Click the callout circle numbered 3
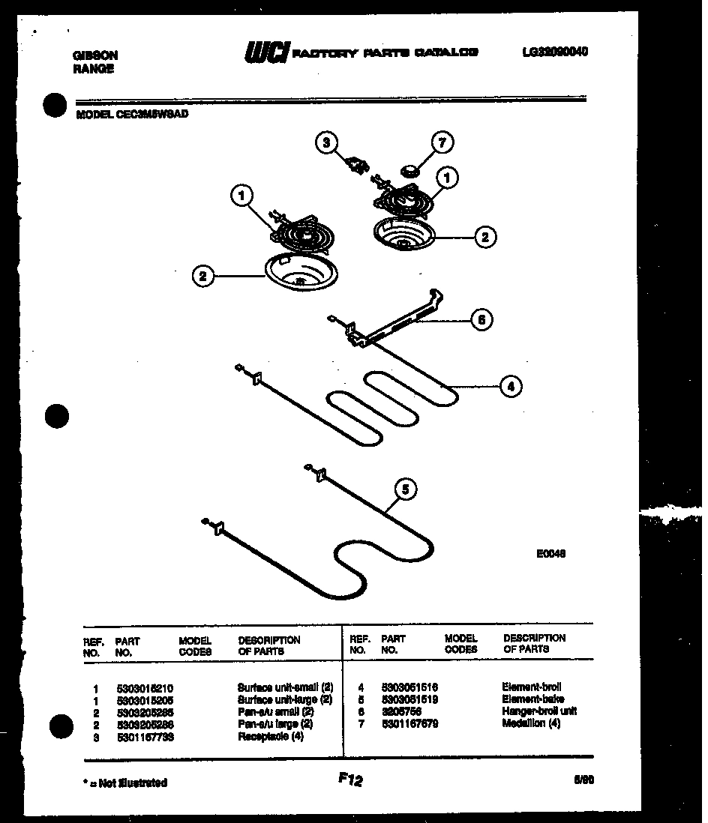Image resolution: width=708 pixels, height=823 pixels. point(326,142)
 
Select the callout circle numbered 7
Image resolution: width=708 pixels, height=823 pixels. point(443,142)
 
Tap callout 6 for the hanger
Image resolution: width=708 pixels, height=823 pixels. point(481,320)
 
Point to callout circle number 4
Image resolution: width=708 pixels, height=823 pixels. point(511,387)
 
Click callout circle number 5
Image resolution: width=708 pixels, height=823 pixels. point(406,490)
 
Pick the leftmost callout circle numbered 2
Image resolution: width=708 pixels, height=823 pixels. point(202,276)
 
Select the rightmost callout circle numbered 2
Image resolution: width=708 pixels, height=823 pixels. point(484,237)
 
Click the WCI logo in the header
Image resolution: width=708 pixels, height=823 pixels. point(265,53)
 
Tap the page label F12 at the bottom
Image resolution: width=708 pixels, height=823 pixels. point(349,780)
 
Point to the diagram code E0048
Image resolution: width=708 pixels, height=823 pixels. point(550,554)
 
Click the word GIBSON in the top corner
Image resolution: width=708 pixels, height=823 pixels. point(95,55)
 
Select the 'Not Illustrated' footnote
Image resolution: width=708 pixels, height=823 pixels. point(124,783)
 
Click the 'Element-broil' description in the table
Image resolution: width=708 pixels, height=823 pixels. point(531,687)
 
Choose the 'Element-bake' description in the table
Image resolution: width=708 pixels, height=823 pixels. point(532,699)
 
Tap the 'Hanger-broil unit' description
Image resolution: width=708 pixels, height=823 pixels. point(539,711)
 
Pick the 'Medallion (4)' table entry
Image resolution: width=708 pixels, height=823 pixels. point(531,723)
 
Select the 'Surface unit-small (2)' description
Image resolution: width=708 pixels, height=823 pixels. point(285,687)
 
